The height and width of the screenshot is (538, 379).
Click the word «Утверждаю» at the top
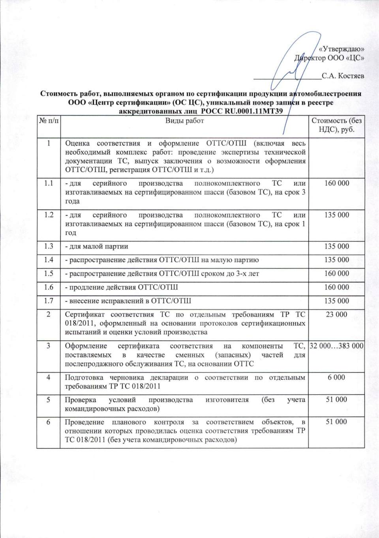[x=341, y=49]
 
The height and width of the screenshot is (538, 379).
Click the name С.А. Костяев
[x=343, y=76]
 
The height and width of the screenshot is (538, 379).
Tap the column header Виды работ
[x=184, y=121]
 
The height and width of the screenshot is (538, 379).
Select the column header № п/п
[x=49, y=121]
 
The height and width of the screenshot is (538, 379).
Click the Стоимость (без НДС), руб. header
[x=336, y=125]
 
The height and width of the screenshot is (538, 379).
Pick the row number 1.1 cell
[x=49, y=183]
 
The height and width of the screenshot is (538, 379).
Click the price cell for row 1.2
[x=336, y=215]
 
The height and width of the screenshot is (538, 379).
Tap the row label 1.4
[x=49, y=260]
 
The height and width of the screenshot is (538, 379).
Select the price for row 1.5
[x=336, y=274]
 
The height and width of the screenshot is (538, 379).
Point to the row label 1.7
[x=49, y=301]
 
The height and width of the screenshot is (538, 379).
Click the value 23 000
[x=336, y=315]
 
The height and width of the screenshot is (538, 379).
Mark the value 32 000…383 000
[x=336, y=346]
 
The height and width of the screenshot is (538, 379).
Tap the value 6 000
[x=336, y=377]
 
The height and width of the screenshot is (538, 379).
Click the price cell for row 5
[x=336, y=400]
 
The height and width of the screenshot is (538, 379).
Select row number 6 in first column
[x=49, y=422]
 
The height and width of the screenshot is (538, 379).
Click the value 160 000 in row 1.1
[x=336, y=183]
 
